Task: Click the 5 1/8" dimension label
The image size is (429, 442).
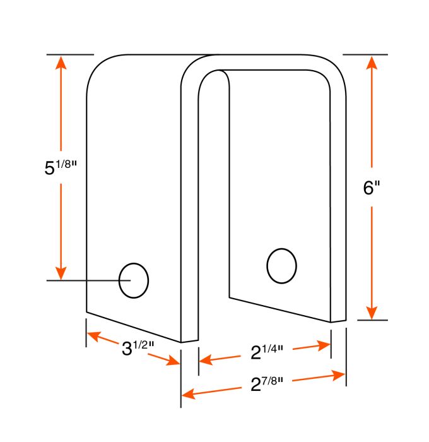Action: [x=61, y=167]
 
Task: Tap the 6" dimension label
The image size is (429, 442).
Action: [x=372, y=188]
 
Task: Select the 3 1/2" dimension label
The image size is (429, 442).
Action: [x=138, y=348]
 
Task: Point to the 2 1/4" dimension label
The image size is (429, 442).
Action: [x=266, y=352]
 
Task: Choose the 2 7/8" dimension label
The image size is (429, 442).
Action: [x=266, y=384]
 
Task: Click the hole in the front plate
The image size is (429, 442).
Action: [x=134, y=280]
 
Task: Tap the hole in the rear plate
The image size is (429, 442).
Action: [x=281, y=266]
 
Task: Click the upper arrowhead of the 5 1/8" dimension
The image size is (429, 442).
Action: [x=61, y=63]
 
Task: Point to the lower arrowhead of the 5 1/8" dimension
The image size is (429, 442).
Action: [x=61, y=273]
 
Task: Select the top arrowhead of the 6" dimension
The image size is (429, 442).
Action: [x=372, y=63]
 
